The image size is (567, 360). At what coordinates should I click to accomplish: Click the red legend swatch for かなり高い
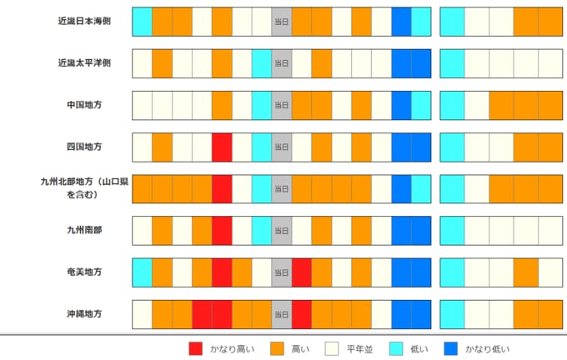pyautogui.click(x=196, y=348)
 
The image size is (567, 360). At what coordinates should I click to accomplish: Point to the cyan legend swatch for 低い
pyautogui.click(x=394, y=348)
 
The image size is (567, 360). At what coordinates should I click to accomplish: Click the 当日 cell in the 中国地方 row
pyautogui.click(x=282, y=105)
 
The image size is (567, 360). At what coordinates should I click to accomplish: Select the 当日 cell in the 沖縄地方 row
pyautogui.click(x=282, y=314)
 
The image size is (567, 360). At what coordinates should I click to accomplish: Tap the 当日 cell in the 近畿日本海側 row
pyautogui.click(x=282, y=21)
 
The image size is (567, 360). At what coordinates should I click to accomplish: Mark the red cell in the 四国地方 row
pyautogui.click(x=222, y=147)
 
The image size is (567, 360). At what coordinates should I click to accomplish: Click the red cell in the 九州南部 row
pyautogui.click(x=222, y=230)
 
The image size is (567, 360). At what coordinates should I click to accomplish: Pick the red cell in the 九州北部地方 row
pyautogui.click(x=222, y=188)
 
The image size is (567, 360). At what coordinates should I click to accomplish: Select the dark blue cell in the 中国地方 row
pyautogui.click(x=401, y=105)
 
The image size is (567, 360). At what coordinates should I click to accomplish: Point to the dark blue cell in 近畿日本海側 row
pyautogui.click(x=401, y=21)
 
